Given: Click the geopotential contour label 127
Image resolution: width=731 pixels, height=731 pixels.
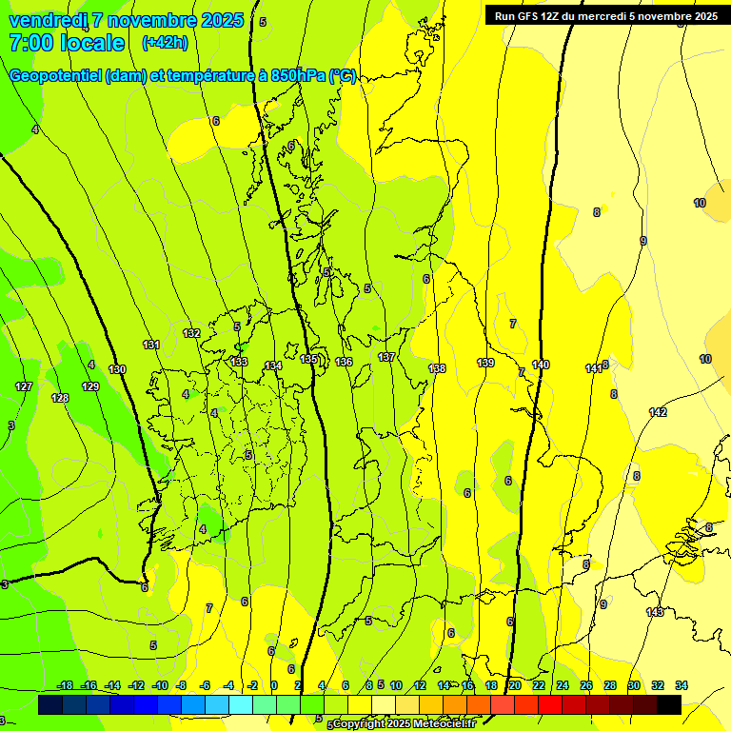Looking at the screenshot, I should pos(24,387).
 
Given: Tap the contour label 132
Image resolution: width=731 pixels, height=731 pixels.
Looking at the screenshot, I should pos(191,333).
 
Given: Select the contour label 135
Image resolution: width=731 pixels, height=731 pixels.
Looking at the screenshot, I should pos(309,359).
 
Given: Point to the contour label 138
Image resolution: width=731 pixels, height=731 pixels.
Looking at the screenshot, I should pos(437,368).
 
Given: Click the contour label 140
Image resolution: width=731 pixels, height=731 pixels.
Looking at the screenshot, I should pos(541,365).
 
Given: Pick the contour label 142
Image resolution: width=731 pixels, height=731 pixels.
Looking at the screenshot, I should pos(658,412).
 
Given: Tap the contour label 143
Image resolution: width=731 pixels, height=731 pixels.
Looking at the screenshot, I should pos(655,612).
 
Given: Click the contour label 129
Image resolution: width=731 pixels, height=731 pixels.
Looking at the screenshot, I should pos(90,386).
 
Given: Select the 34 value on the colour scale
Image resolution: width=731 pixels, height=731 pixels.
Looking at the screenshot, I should pos(682,685).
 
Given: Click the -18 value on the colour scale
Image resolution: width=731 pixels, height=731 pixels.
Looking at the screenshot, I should pos(66,685).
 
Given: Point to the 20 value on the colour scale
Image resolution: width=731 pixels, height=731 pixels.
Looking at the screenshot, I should pos(514,685).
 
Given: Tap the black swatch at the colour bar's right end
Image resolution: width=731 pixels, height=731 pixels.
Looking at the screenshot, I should pos(669,704).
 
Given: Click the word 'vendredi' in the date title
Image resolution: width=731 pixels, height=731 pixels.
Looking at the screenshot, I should pos(47,20).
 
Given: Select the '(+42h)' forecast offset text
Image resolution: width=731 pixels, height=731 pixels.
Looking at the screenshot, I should pos(165,42).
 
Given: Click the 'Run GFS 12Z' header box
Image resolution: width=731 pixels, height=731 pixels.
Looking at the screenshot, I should pos(605,15).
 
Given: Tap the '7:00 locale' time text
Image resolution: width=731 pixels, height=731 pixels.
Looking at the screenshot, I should pos(67,43).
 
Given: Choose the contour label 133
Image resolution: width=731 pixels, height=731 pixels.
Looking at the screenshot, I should pos(239,362).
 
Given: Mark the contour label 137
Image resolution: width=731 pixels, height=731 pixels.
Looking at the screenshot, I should pos(385,357).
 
